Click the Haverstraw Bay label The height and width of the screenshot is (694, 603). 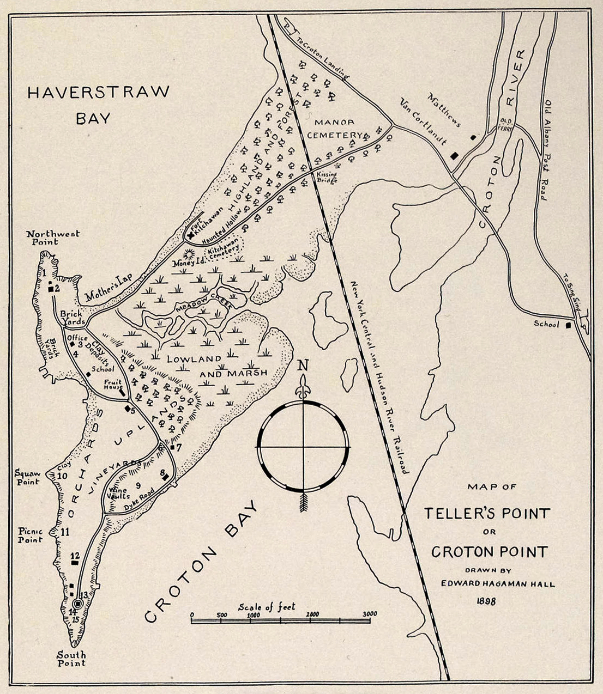coord(98,105)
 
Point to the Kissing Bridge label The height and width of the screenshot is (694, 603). coord(327,177)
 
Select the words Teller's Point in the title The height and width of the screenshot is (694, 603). coord(487,513)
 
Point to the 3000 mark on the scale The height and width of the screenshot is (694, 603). coord(370,614)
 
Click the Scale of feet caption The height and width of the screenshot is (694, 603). coord(267,607)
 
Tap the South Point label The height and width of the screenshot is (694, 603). coord(72,659)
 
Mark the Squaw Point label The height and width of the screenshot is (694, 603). coord(29,477)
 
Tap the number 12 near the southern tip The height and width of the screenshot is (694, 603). coord(75,556)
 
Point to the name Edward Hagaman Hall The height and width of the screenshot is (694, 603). coord(498,584)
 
